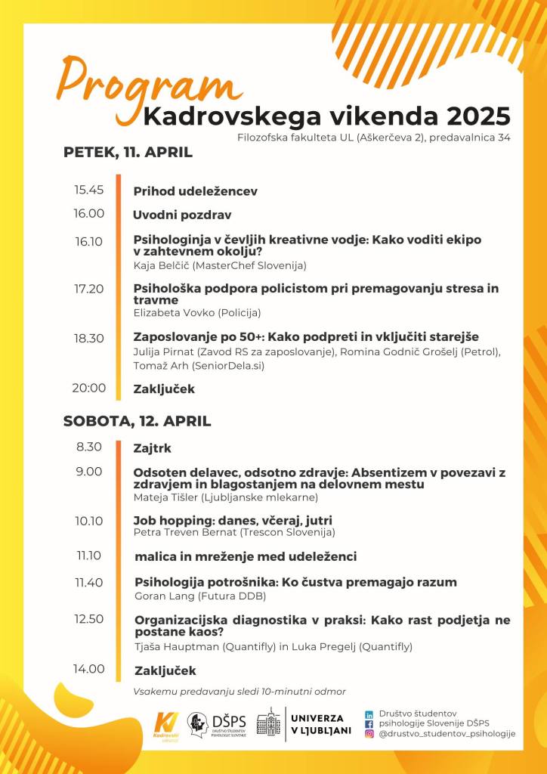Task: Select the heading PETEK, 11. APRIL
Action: point(128,152)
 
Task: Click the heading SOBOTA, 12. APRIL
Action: point(137,421)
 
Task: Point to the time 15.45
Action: point(88,190)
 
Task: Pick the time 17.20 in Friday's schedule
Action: point(88,288)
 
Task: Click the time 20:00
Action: point(88,388)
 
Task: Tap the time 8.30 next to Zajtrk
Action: point(88,446)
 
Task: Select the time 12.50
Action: point(88,619)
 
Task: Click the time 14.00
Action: point(88,668)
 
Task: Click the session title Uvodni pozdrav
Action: point(182,215)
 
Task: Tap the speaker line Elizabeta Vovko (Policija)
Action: point(197,312)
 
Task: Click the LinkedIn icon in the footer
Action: point(369,714)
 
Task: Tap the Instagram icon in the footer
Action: point(369,733)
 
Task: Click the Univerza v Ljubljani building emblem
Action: point(268,724)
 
